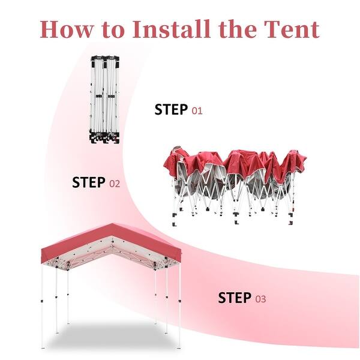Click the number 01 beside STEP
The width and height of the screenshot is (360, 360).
pyautogui.click(x=197, y=110)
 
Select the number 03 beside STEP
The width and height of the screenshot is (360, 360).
pyautogui.click(x=260, y=299)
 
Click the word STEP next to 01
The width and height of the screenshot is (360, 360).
pyautogui.click(x=171, y=110)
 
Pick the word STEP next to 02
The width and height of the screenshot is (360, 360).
pyautogui.click(x=89, y=183)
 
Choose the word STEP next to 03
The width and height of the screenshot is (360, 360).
pyautogui.click(x=234, y=298)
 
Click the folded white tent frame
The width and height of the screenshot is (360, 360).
pyautogui.click(x=104, y=99)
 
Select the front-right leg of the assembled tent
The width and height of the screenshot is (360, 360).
pyautogui.click(x=178, y=306)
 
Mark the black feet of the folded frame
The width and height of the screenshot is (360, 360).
pyautogui.click(x=104, y=140)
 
